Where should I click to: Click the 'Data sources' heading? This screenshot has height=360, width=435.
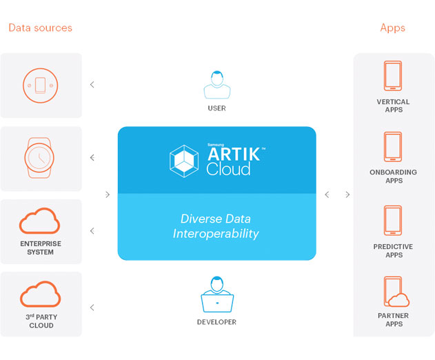coord(40,28)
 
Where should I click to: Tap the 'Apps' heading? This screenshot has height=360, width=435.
coord(392,28)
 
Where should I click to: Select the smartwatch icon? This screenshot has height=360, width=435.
coord(39,158)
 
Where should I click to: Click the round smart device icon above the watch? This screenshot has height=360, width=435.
coord(40,86)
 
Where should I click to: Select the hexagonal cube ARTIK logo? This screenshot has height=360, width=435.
coord(184,161)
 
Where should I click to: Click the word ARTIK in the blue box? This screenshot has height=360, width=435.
coord(234,154)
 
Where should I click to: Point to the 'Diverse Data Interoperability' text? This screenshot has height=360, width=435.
coord(216,226)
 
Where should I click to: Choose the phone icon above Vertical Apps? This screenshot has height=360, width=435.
coord(393,76)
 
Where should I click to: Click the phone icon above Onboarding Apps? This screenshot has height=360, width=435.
coord(393,147)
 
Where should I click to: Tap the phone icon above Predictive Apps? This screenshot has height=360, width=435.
coord(393,221)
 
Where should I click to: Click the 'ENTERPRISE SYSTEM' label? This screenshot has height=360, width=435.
coord(41,248)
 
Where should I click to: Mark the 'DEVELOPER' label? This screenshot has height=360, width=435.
coord(216,322)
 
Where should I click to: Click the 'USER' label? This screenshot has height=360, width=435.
coord(217,108)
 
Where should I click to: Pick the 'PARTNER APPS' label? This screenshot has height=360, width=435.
coord(394,320)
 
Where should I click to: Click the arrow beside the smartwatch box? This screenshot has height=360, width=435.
coord(92,158)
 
